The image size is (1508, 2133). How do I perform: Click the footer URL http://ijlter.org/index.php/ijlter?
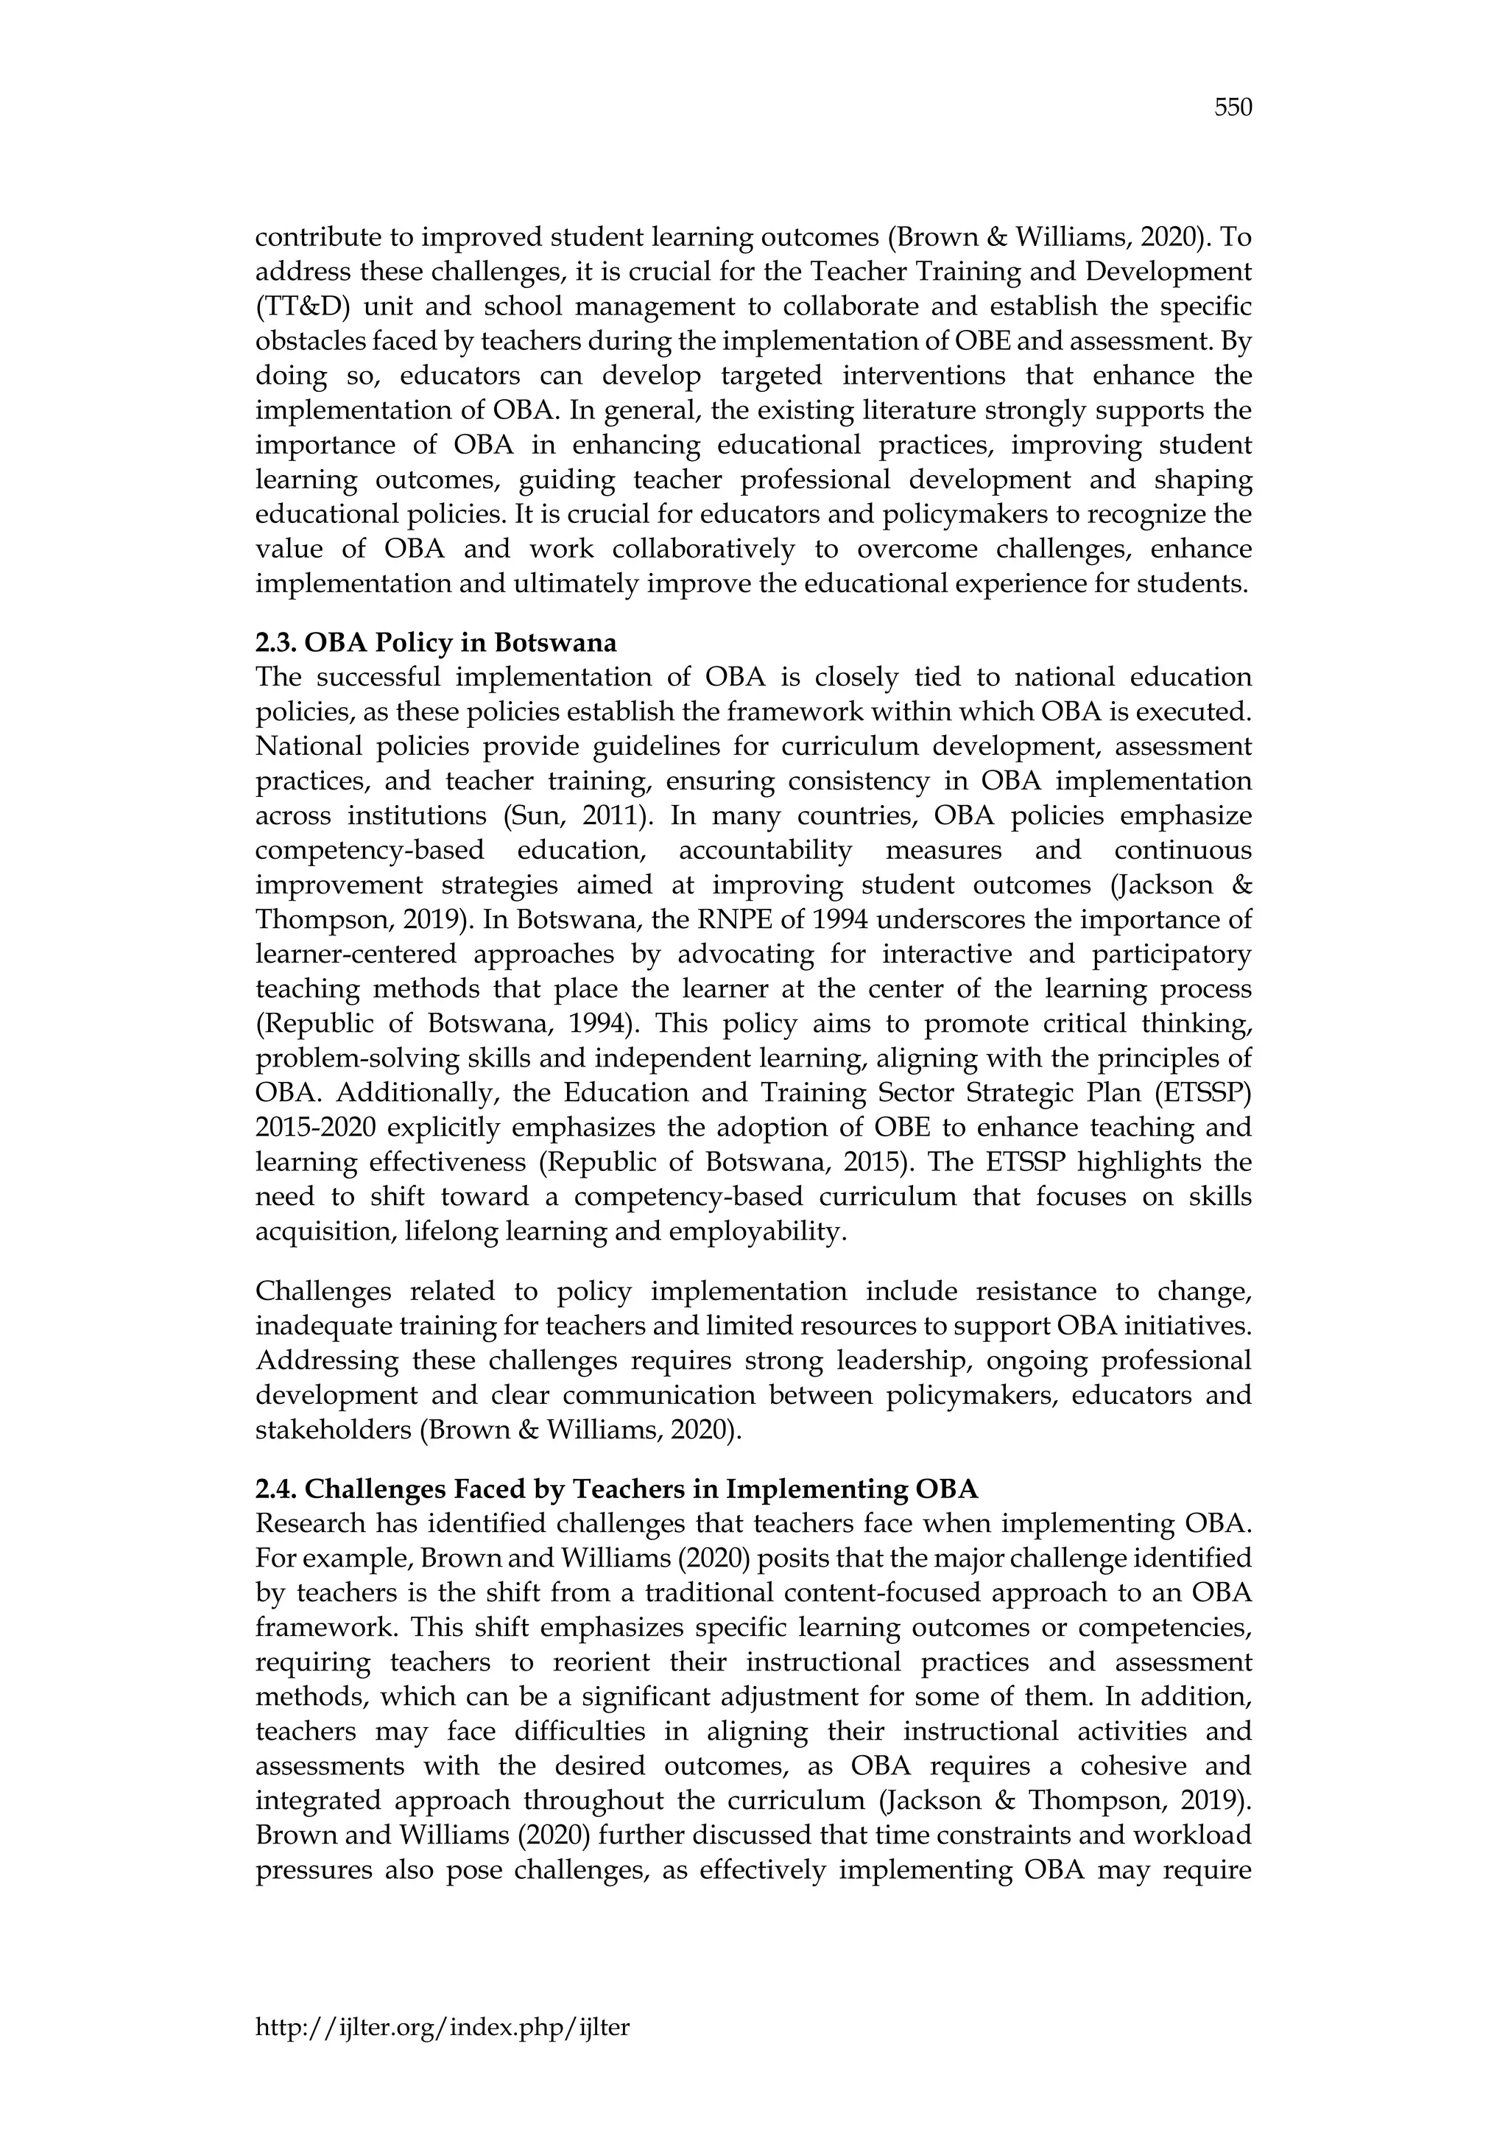[x=442, y=2027]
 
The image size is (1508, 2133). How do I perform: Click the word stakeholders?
[x=332, y=1430]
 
